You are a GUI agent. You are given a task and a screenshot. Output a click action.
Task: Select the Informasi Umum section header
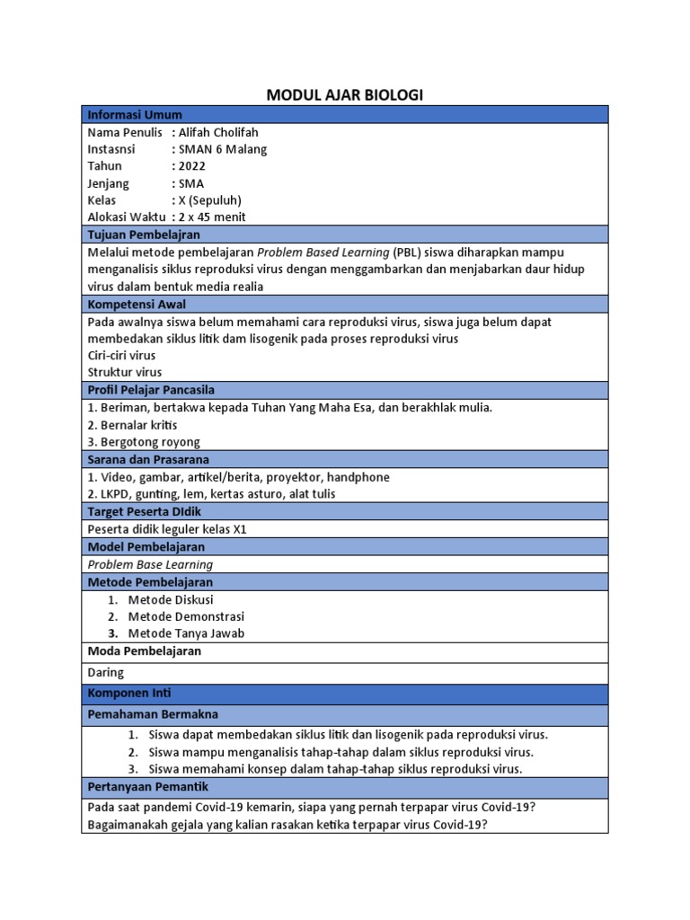click(x=134, y=115)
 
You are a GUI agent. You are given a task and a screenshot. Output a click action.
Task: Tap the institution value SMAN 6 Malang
click(x=223, y=149)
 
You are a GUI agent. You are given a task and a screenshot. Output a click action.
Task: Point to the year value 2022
click(x=193, y=166)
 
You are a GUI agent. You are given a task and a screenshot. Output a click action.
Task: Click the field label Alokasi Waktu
click(x=127, y=217)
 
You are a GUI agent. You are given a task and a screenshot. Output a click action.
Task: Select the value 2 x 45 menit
click(x=211, y=217)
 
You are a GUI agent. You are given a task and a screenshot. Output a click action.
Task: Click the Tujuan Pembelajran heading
click(x=143, y=234)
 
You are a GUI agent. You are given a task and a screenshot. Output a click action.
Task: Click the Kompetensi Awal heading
click(x=137, y=304)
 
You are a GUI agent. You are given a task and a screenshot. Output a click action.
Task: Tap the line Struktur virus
click(x=125, y=372)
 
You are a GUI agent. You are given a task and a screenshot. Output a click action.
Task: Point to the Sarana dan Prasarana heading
click(x=147, y=459)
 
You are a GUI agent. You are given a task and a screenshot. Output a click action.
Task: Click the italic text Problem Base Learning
click(x=150, y=564)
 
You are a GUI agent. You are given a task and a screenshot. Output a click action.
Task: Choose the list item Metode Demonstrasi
click(x=186, y=616)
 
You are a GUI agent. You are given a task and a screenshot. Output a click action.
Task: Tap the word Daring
click(x=106, y=672)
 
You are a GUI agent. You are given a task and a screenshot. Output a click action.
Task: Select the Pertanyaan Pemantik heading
click(x=147, y=787)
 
